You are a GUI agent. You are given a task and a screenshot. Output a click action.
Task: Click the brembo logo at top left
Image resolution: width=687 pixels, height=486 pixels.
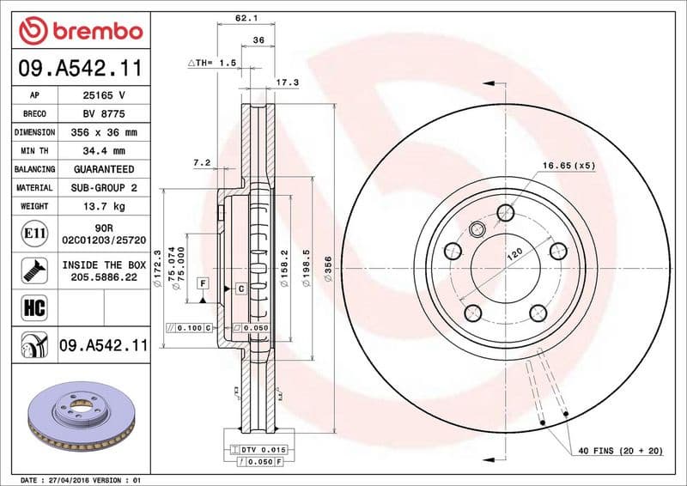click(80, 30)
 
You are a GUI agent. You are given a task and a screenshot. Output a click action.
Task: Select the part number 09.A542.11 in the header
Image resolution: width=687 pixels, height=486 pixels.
click(80, 68)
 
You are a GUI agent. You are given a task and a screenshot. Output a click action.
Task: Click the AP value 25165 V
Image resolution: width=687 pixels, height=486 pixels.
click(105, 95)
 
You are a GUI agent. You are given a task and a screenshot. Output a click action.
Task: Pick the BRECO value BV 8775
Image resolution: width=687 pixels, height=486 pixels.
click(105, 114)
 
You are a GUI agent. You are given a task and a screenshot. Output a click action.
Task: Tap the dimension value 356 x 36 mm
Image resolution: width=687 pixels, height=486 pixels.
click(105, 133)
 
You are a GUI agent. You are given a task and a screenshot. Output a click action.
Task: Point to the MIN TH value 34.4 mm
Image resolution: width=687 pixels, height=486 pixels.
click(105, 151)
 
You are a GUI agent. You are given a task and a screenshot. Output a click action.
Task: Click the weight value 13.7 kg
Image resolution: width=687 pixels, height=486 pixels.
click(105, 206)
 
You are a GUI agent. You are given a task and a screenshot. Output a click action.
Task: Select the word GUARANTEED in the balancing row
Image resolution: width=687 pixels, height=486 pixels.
click(105, 170)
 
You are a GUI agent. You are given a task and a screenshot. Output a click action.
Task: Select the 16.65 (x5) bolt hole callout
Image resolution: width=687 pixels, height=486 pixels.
click(568, 165)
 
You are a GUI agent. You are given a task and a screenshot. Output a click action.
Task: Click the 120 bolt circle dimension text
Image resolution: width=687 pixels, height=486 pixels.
click(513, 256)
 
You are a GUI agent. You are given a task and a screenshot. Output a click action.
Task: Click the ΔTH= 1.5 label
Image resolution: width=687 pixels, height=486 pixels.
click(211, 64)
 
